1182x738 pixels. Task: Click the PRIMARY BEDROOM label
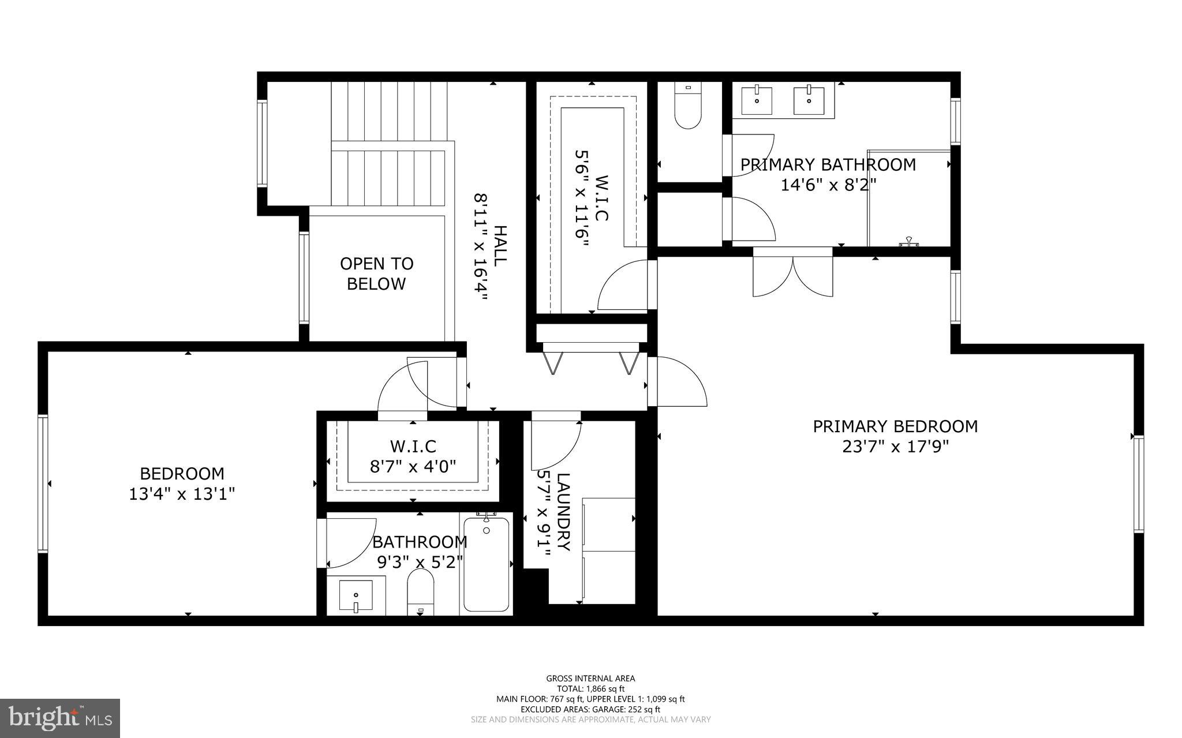(x=895, y=426)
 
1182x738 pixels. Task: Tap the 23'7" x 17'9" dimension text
(x=895, y=447)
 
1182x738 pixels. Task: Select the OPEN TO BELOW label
(x=376, y=274)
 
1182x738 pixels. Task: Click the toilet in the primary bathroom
(x=687, y=107)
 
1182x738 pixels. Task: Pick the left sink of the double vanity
(x=756, y=100)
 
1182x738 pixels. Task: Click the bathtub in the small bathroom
(x=487, y=564)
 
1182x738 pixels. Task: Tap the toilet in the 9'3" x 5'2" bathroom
(x=420, y=592)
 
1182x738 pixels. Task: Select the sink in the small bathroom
(x=356, y=597)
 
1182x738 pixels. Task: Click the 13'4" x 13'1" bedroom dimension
(x=182, y=494)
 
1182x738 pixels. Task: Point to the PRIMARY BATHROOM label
(x=828, y=165)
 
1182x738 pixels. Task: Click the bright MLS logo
(x=60, y=717)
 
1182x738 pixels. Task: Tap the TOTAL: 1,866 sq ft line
(x=590, y=688)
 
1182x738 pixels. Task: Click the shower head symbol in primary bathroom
(x=908, y=242)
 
